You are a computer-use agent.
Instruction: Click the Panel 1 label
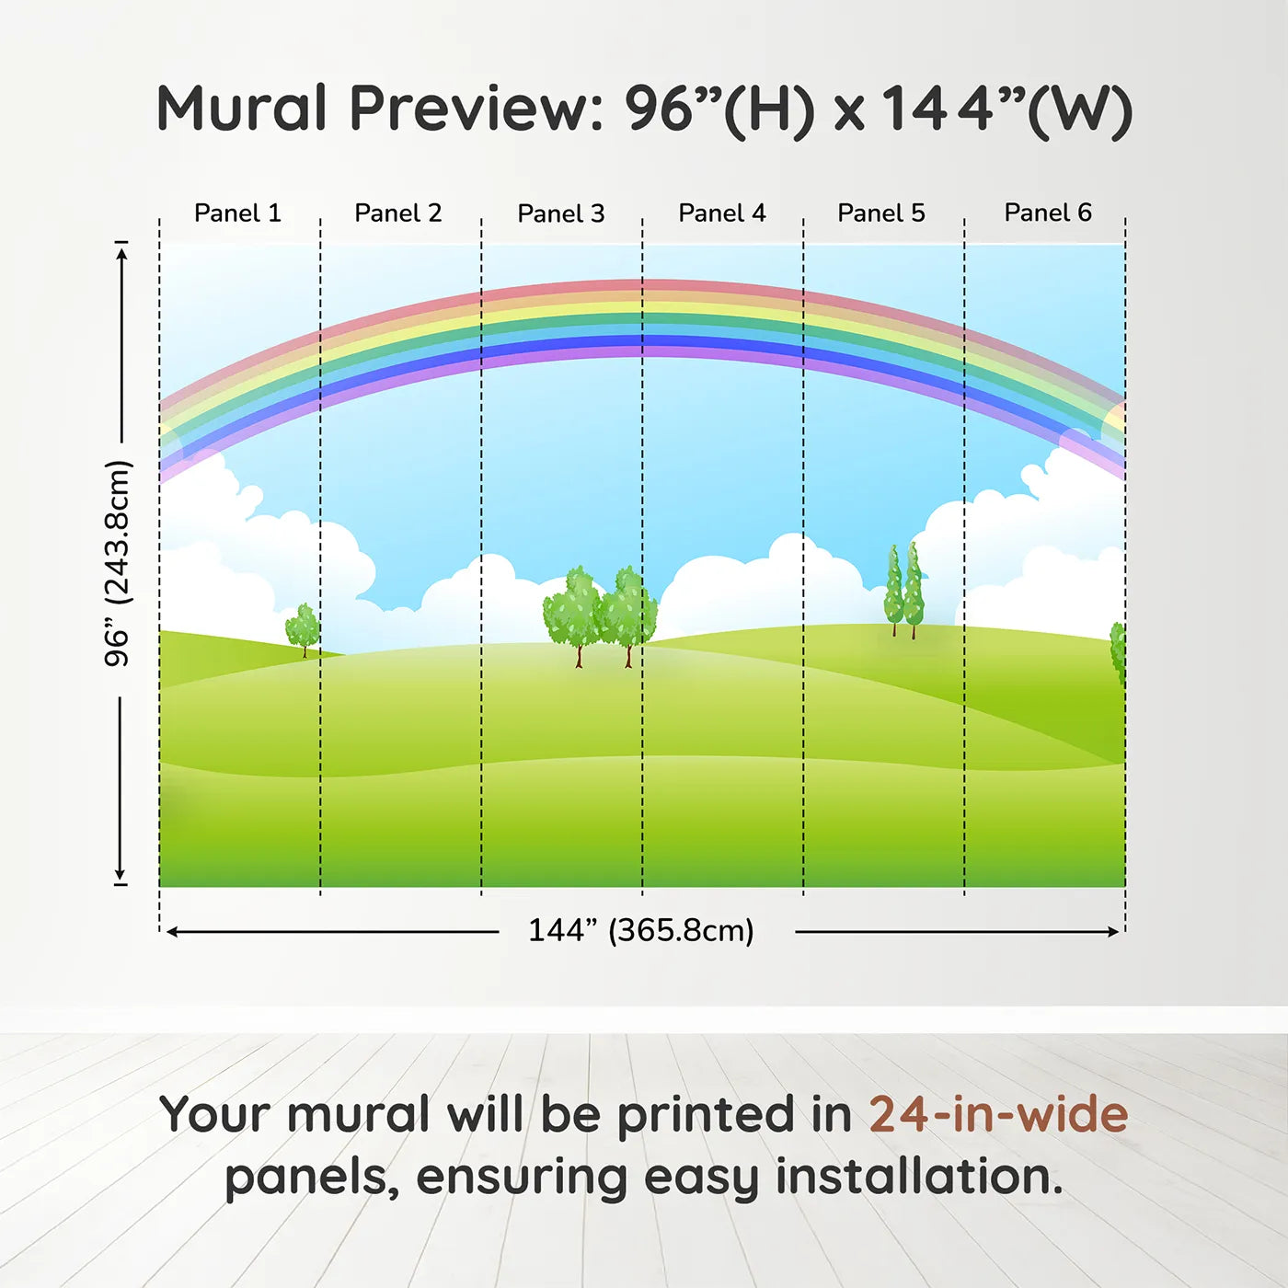(x=237, y=213)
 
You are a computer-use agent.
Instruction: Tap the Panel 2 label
(x=397, y=213)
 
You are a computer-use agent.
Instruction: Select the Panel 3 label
(x=561, y=213)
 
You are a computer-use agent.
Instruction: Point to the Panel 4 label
(x=722, y=213)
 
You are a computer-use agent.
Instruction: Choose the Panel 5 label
(x=881, y=213)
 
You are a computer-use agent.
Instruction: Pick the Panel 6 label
(x=1047, y=213)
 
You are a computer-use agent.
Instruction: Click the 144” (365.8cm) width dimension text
(x=641, y=930)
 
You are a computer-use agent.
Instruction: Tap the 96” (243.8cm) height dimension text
(x=118, y=563)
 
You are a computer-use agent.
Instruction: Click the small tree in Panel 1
(x=303, y=629)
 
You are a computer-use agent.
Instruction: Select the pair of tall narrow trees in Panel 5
(x=903, y=591)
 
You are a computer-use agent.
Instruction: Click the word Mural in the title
(x=242, y=109)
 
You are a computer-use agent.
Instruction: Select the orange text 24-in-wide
(x=998, y=1114)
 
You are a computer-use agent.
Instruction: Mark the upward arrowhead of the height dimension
(x=121, y=253)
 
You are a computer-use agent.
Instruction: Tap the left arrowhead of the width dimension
(x=172, y=932)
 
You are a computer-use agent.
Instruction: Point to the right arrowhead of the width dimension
(x=1112, y=932)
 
